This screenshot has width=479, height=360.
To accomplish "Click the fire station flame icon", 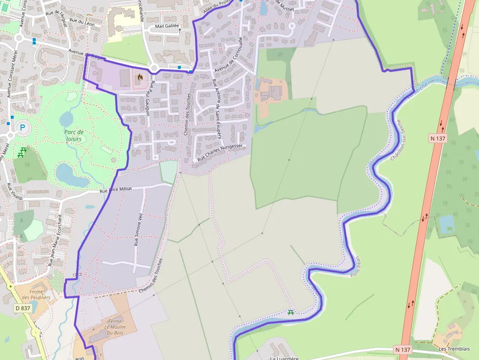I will (140, 77).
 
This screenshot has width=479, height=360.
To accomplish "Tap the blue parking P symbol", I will (22, 128).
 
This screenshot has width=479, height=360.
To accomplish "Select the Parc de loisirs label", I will (74, 135).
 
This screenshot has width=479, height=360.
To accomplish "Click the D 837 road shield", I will (22, 308).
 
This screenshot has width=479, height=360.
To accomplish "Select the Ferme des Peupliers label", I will (40, 295).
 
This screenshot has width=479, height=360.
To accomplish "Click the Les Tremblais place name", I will (454, 349).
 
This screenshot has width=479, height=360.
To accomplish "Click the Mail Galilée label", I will (167, 26).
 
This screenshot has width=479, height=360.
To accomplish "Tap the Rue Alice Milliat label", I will (116, 190).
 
